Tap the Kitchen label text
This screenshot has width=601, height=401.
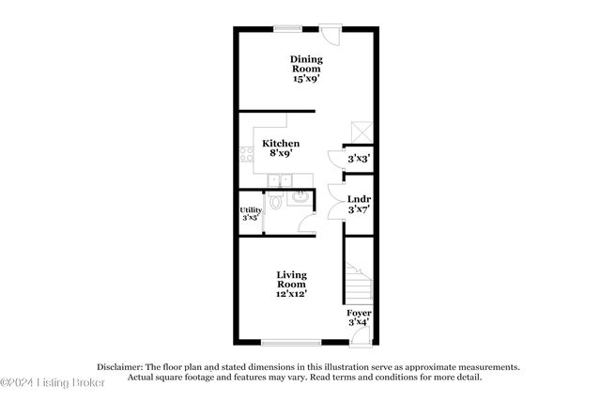tap(280, 144)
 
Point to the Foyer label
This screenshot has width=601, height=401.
tap(359, 312)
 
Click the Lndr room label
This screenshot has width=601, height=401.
tap(358, 199)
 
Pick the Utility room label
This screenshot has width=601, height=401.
tap(251, 210)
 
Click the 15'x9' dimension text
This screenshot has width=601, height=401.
tap(306, 80)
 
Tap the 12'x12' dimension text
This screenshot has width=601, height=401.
tap(291, 294)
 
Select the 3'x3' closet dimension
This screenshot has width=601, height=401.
tap(358, 160)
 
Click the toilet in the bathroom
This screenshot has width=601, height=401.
tap(275, 201)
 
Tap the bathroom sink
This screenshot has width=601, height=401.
tap(300, 197)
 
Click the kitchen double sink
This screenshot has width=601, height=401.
tap(281, 180)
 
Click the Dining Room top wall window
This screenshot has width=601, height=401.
tap(288, 27)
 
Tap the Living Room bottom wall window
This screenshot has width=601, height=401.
tap(288, 342)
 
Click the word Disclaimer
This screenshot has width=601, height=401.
tap(117, 367)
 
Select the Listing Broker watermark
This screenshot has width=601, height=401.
tap(53, 381)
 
